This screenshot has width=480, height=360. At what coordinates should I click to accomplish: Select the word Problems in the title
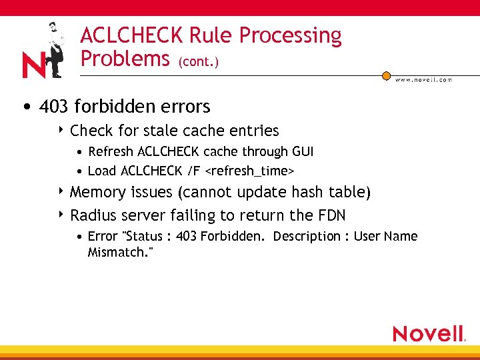tap(125, 59)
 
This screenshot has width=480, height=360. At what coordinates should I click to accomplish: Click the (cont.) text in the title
tap(198, 62)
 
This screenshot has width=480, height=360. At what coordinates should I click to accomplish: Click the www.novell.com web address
tap(423, 79)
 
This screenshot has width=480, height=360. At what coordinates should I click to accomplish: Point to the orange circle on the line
tap(386, 75)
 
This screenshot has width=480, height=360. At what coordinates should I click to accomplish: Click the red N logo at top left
tap(33, 65)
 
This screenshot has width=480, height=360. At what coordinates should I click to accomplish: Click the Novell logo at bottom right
tap(429, 333)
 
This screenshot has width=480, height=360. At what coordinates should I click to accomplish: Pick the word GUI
tap(302, 151)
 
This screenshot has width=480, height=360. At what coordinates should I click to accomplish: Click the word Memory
tap(98, 193)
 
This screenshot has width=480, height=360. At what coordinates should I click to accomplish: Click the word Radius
tap(93, 215)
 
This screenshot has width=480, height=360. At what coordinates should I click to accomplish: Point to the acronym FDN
tap(331, 215)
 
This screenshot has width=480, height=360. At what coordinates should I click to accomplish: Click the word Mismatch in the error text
tap(116, 253)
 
